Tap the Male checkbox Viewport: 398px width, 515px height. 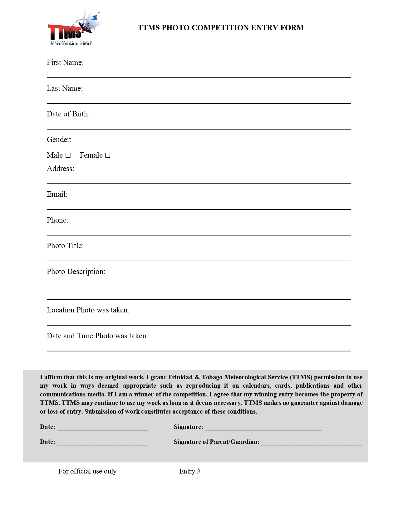(x=68, y=155)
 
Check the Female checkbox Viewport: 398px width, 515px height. (x=108, y=155)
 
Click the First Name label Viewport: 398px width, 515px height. (x=65, y=62)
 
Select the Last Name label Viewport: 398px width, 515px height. (x=65, y=88)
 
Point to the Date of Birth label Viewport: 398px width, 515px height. (x=68, y=114)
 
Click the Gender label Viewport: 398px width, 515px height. (x=59, y=140)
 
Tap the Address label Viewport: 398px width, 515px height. (x=60, y=169)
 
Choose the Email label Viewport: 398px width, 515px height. (x=57, y=194)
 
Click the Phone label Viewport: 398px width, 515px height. (x=57, y=220)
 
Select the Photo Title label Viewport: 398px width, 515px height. (x=65, y=246)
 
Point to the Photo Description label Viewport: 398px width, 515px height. (x=76, y=272)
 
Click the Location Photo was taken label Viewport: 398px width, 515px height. (x=88, y=310)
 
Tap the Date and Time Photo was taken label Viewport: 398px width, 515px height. (x=97, y=336)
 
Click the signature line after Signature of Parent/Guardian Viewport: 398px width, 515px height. (x=311, y=442)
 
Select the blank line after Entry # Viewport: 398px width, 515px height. (x=211, y=472)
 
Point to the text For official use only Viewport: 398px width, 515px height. (x=87, y=471)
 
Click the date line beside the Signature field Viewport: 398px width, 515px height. (x=102, y=427)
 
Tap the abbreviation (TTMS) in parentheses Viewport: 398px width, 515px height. (x=301, y=377)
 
